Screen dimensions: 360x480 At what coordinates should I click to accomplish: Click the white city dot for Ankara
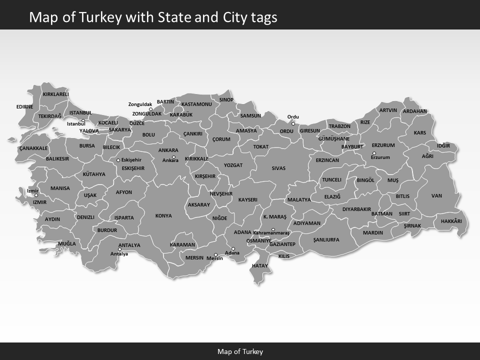(174, 157)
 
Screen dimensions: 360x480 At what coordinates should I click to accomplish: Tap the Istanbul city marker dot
(83, 120)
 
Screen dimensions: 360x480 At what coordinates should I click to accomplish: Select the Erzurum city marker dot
(374, 153)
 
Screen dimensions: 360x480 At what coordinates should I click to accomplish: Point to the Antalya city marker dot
(119, 249)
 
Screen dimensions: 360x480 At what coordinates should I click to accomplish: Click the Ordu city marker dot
(293, 123)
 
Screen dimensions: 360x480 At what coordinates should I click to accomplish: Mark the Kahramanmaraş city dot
(273, 229)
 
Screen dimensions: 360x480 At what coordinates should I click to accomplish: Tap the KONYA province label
(163, 216)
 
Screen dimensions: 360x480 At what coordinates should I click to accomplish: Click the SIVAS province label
(278, 168)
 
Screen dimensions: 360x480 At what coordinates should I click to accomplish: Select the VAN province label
(436, 196)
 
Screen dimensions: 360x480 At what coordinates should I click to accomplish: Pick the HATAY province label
(260, 265)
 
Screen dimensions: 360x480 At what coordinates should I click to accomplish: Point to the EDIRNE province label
(24, 106)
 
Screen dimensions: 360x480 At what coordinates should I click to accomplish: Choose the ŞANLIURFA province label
(326, 240)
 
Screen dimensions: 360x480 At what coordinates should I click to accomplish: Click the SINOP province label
(226, 100)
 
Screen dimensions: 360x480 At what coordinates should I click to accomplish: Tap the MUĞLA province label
(66, 244)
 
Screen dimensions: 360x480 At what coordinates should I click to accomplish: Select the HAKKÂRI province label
(451, 221)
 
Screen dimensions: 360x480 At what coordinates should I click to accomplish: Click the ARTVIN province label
(388, 110)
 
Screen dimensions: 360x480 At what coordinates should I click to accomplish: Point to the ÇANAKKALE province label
(33, 148)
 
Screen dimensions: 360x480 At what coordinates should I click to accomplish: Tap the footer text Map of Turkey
(240, 351)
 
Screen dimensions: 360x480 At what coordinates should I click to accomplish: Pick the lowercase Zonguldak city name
(140, 104)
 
